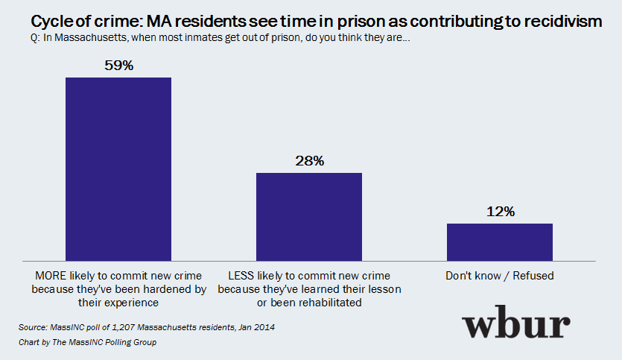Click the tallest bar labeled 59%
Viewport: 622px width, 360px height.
(118, 168)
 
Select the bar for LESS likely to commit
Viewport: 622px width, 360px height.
(309, 215)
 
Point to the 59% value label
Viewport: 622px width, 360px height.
(118, 66)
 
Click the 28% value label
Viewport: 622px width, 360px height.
(309, 161)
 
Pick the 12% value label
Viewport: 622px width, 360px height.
(500, 212)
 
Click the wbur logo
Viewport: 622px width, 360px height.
(516, 325)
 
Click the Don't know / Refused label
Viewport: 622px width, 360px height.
(500, 276)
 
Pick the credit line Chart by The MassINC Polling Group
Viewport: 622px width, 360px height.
(89, 342)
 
